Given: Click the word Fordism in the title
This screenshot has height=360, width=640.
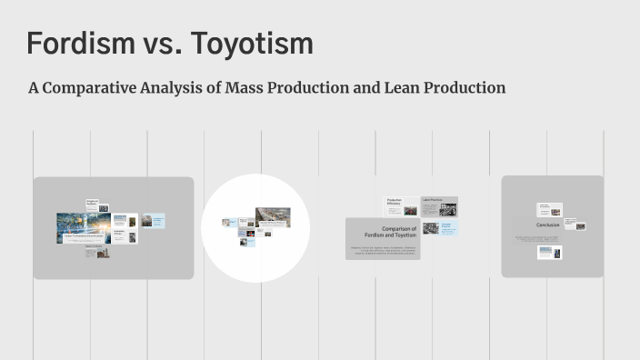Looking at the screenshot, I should pos(75,44).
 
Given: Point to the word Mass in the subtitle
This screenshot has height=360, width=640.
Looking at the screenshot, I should pos(247,88).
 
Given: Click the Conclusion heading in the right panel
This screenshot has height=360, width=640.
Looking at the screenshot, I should pos(547,225).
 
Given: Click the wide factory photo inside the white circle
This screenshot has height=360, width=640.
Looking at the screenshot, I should pos(273,216).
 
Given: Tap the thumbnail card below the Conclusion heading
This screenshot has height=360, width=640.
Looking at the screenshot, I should pos(551,253).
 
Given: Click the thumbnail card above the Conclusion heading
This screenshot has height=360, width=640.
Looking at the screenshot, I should pos(549,210).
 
